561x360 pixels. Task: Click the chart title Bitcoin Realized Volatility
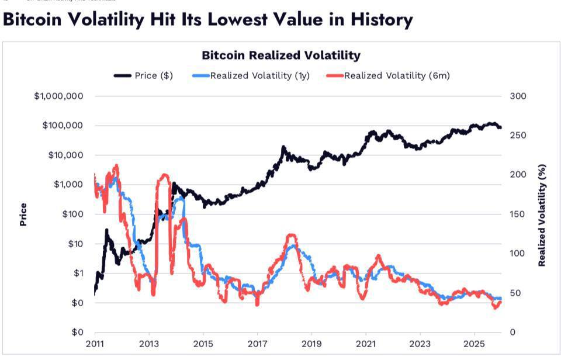[x=280, y=56]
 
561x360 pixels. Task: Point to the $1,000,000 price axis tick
[x=58, y=96]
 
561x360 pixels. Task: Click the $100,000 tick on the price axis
[x=63, y=126]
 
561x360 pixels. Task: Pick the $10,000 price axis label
[x=65, y=155]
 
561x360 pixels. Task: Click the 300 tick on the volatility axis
[x=518, y=96]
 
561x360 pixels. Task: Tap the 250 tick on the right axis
[x=518, y=136]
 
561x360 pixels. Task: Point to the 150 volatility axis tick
[x=518, y=214]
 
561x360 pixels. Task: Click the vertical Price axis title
[x=23, y=214]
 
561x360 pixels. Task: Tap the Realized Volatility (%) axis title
[x=542, y=215]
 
